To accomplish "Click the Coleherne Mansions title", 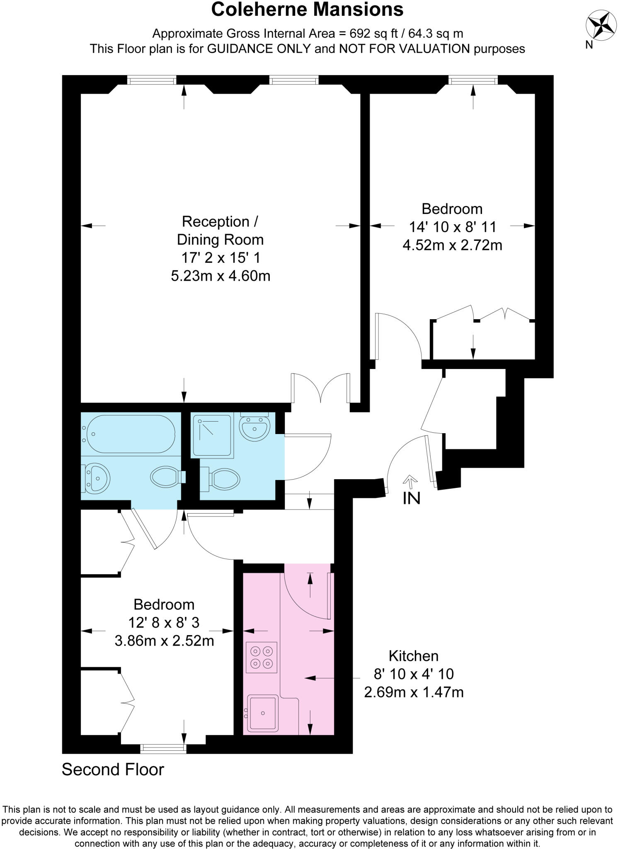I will (307, 10).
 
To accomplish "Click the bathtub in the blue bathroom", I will (131, 434).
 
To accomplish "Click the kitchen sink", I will (263, 713).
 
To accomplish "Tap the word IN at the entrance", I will (411, 498).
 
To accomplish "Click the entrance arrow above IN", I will (410, 482).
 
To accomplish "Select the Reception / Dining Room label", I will (220, 230).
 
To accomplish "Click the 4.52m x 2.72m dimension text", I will (452, 245).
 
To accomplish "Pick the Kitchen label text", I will (413, 656).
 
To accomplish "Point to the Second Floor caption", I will (113, 769).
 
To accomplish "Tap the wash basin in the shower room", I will (254, 427).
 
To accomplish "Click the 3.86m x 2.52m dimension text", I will (164, 641).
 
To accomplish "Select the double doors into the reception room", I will (321, 388).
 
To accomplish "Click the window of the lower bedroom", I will (163, 749).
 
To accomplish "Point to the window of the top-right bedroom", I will (473, 80).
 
